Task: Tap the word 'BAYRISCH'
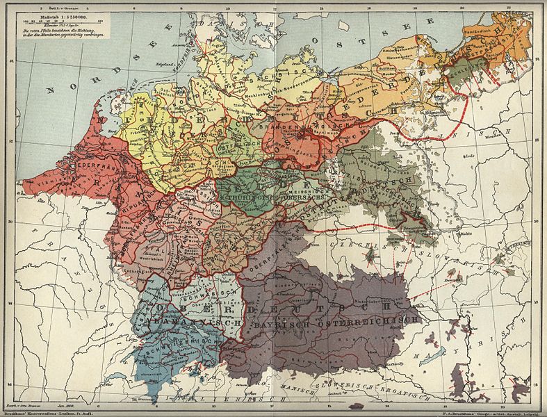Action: pyautogui.click(x=285, y=322)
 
